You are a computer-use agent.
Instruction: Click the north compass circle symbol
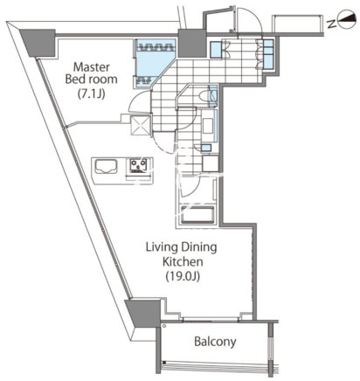pyautogui.click(x=348, y=20)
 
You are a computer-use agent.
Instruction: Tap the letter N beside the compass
pyautogui.click(x=332, y=24)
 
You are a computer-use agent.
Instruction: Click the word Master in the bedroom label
pyautogui.click(x=92, y=67)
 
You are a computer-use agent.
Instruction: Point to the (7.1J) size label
pyautogui.click(x=91, y=94)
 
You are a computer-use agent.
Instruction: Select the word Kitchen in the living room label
pyautogui.click(x=183, y=261)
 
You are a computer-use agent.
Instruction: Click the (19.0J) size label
pyautogui.click(x=183, y=276)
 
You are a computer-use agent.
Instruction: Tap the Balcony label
pyautogui.click(x=215, y=342)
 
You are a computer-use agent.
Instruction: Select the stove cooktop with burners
pyautogui.click(x=139, y=166)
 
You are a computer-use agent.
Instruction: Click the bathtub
pyautogui.click(x=197, y=215)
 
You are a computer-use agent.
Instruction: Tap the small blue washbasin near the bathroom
pyautogui.click(x=206, y=148)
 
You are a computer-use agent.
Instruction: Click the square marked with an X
pyautogui.click(x=140, y=125)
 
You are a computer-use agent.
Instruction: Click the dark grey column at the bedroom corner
pyautogui.click(x=38, y=43)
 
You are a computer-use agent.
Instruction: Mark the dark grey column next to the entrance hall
pyautogui.click(x=191, y=43)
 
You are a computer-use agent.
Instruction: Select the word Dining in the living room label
pyautogui.click(x=199, y=247)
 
